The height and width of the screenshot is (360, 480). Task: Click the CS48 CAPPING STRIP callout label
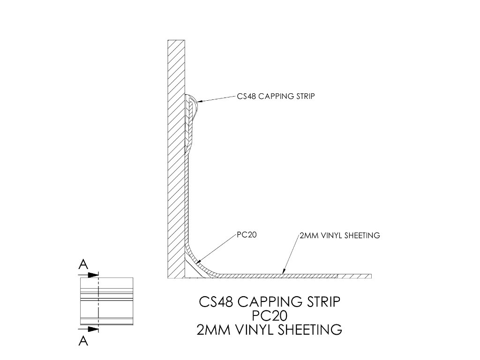276,96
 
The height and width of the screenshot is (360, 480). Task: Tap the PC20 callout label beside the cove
247,235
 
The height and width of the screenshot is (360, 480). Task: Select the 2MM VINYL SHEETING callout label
340,235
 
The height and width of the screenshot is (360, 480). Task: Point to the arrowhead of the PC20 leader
198,261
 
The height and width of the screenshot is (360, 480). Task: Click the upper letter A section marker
83,264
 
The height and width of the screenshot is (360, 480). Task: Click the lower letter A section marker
83,341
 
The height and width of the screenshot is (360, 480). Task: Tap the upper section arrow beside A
89,275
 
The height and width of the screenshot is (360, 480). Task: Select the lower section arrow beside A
89,329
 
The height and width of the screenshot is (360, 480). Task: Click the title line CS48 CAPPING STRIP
270,302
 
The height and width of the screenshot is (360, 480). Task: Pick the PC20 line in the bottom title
270,315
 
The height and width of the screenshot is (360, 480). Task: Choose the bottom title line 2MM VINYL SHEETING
270,330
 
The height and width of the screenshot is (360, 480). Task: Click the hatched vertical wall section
176,159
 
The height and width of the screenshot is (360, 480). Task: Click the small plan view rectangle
106,301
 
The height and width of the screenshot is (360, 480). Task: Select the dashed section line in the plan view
98,301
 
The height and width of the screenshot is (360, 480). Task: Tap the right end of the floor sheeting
371,276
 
